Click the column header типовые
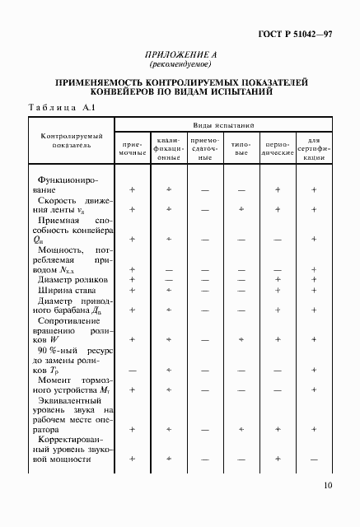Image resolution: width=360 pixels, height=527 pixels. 241,148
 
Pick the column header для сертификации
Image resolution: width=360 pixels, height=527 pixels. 314,148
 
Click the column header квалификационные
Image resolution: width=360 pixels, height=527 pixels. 168,148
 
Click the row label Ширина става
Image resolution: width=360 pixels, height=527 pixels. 63,290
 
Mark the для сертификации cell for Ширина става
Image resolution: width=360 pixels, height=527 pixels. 314,290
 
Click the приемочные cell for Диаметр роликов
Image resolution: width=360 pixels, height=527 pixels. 132,279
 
